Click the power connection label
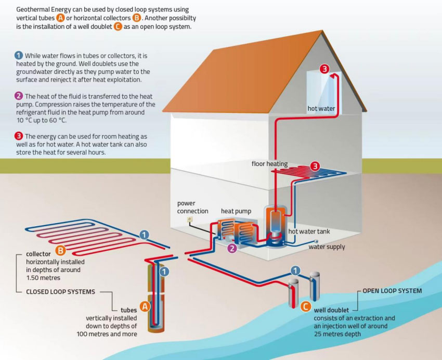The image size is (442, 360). pyautogui.click(x=192, y=207)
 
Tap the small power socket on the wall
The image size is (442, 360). pyautogui.click(x=190, y=220)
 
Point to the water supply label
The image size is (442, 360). pyautogui.click(x=327, y=247)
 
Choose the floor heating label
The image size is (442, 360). pyautogui.click(x=269, y=164)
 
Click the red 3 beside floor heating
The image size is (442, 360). pyautogui.click(x=316, y=166)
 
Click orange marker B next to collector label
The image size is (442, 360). pyautogui.click(x=60, y=250)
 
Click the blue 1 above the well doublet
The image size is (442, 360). pyautogui.click(x=295, y=270)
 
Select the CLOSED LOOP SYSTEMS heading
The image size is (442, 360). pyautogui.click(x=61, y=292)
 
